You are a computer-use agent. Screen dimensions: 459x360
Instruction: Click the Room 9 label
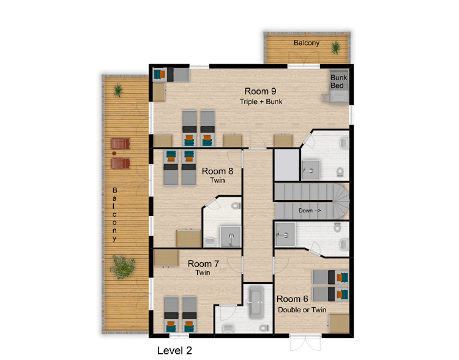coord(260,91)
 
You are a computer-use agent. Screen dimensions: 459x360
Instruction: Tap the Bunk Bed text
coord(338,81)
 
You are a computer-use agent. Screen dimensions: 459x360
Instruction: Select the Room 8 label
coord(217,171)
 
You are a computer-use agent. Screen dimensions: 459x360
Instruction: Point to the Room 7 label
coord(203,264)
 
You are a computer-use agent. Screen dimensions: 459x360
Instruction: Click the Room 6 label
coord(292,299)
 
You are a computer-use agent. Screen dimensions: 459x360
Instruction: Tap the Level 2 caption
coord(174,350)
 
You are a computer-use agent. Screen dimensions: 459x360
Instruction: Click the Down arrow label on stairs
coord(310,211)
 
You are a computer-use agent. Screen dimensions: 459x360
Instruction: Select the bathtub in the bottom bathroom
coord(256,302)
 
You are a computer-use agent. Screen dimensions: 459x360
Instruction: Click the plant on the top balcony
coord(336,48)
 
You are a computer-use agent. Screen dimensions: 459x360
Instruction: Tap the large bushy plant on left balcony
coord(122,267)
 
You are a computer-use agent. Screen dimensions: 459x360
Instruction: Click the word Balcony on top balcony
coord(307,43)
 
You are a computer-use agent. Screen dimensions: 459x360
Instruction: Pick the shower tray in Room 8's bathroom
coord(230,236)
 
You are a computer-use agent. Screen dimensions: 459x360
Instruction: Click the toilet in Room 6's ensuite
coord(337,227)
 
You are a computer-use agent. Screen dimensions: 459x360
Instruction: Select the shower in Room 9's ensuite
coord(310,170)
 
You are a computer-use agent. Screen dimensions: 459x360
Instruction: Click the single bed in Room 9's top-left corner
coord(171,75)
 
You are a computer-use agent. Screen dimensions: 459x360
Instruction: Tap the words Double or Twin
coord(302,310)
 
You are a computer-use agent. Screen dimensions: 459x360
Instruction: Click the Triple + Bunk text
coord(261,102)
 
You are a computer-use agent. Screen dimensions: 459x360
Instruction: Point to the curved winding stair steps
coord(341,201)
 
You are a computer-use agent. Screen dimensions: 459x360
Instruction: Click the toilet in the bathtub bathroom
coord(264,328)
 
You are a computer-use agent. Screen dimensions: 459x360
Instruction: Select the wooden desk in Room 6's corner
coord(338,324)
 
